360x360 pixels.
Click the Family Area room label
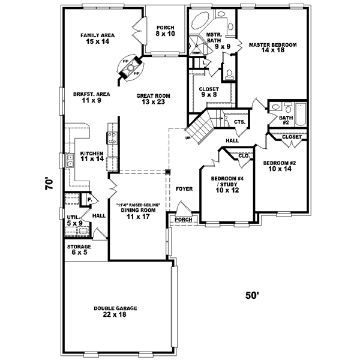98,38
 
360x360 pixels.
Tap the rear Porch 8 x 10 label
165,31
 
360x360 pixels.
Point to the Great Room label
154,99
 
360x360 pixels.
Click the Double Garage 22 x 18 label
115,311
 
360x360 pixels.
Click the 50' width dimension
252,295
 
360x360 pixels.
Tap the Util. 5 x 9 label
74,220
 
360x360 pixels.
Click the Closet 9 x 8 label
209,92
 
